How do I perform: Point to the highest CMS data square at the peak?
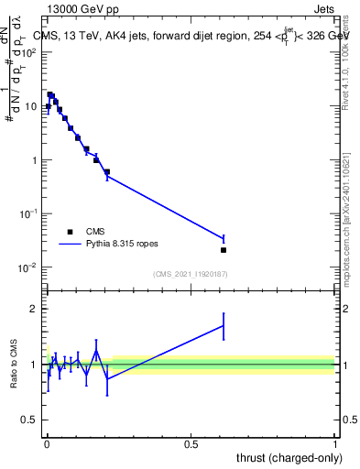tap(50, 94)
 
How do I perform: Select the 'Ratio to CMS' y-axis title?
tap(15, 365)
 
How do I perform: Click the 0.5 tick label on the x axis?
tap(191, 443)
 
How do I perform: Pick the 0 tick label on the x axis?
tap(47, 443)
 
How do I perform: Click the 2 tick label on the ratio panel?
tap(32, 309)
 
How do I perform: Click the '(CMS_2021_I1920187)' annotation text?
tap(191, 274)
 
